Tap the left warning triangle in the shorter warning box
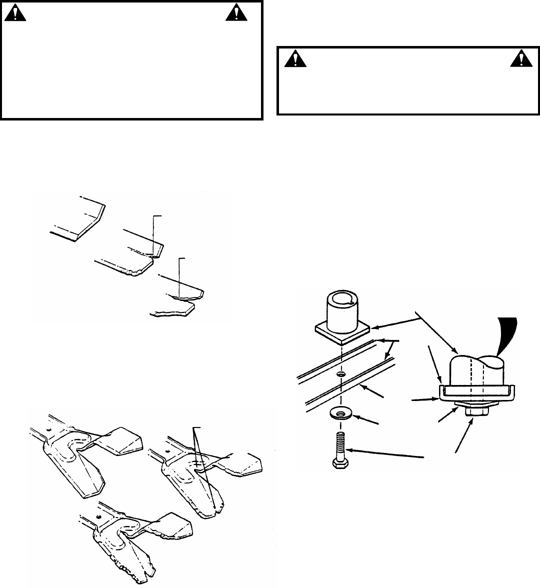coord(295,59)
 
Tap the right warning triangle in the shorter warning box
coord(519,59)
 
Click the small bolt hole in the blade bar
coord(340,374)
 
